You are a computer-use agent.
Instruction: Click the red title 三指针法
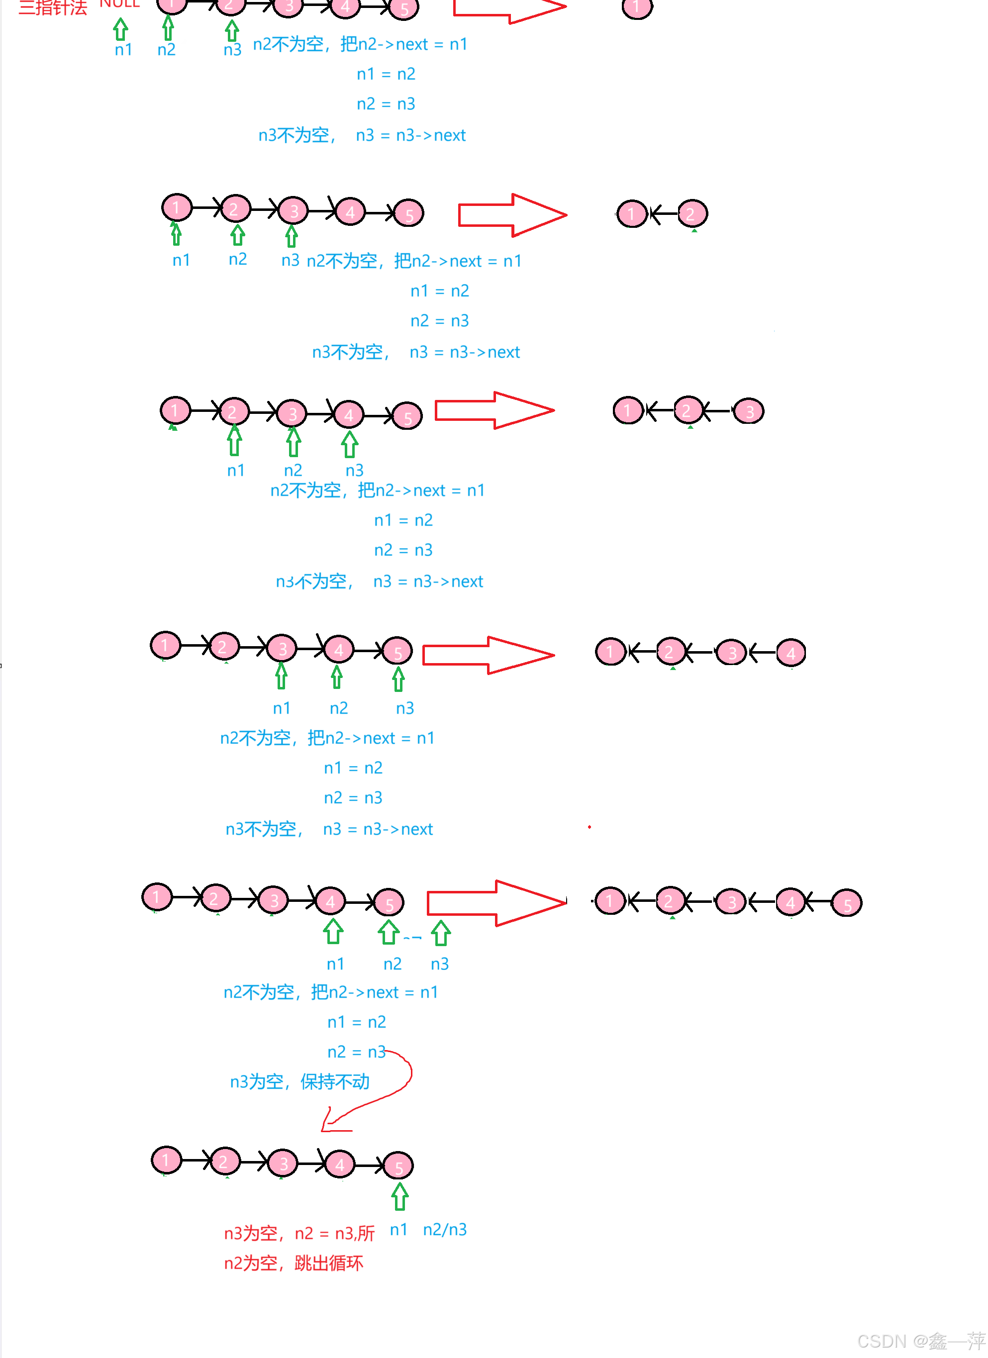(53, 7)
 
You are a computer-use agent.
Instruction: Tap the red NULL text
(119, 3)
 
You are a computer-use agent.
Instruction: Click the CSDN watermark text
(920, 1341)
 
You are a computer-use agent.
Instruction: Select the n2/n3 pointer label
(444, 1229)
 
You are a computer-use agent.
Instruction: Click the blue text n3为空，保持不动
(299, 1081)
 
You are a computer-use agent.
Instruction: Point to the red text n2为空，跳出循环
(294, 1263)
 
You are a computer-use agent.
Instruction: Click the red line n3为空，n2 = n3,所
(299, 1233)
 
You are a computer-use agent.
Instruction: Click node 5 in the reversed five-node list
(846, 903)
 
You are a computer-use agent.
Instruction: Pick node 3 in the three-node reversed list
(749, 411)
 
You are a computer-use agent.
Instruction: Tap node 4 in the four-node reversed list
(790, 653)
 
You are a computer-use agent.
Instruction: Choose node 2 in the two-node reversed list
(692, 213)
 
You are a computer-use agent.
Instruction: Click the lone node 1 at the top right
(636, 8)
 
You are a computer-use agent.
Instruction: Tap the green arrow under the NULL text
(121, 29)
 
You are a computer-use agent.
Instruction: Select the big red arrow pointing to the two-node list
(512, 215)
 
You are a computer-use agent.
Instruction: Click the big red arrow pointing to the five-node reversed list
(496, 903)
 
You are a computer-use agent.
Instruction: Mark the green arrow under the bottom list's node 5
(399, 1196)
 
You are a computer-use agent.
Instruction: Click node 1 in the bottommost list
(166, 1160)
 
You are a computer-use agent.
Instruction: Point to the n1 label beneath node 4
(335, 964)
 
